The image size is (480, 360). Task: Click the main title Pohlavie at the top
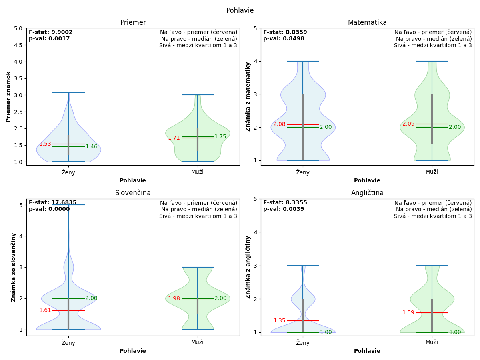pos(240,11)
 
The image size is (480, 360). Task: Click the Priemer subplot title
pos(133,23)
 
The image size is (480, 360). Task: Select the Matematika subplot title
pos(367,23)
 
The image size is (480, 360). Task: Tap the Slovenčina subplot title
pos(133,193)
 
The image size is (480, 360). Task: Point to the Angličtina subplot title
pos(367,193)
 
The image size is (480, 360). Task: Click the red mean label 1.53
pos(45,144)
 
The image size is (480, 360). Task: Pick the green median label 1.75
pos(220,137)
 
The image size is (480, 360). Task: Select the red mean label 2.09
pos(408,124)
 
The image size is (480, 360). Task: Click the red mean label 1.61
pos(45,310)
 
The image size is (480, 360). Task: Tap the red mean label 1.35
pos(280,321)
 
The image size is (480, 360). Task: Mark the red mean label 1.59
pos(408,313)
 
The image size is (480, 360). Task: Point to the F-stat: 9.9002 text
pos(51,32)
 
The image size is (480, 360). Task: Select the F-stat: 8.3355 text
pos(285,203)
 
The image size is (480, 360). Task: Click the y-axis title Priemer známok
pos(8,97)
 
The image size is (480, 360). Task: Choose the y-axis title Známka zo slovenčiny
pos(14,267)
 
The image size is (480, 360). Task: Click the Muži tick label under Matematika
pos(432,172)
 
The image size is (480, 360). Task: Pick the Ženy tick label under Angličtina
pos(303,343)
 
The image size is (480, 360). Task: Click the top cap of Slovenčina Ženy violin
pos(68,205)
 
